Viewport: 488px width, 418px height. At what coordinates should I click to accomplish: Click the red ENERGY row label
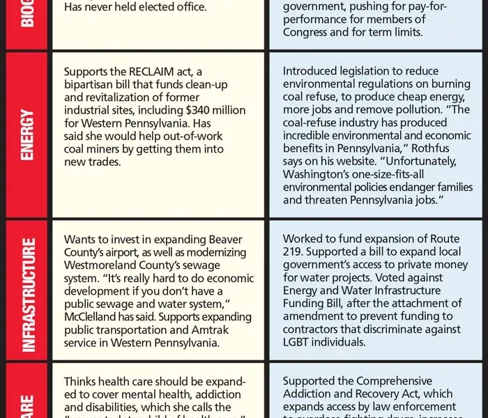[27, 134]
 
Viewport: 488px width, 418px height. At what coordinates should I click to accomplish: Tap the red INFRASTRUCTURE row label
[27, 293]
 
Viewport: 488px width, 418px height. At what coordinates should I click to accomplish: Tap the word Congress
[307, 33]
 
